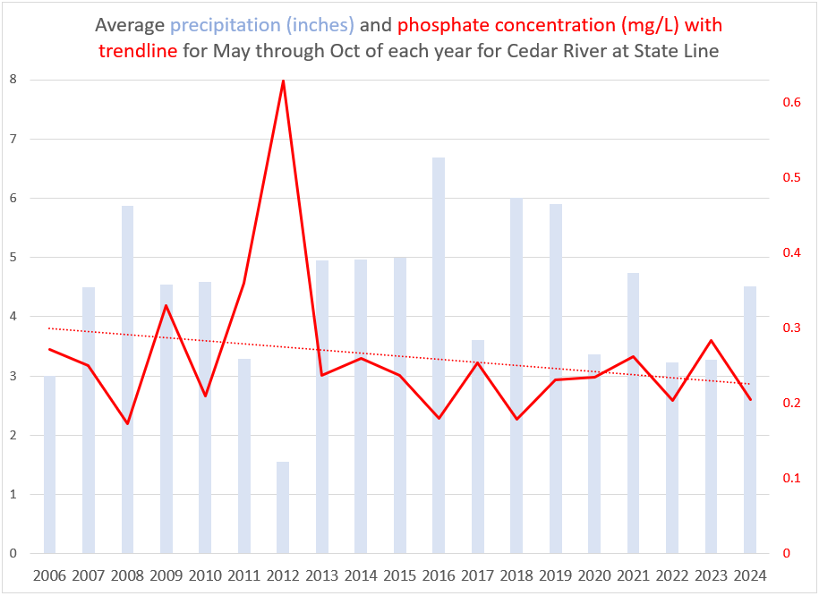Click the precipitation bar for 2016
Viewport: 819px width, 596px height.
coord(439,358)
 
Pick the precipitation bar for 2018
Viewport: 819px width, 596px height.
coord(516,376)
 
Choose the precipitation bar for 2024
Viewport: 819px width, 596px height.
coord(749,421)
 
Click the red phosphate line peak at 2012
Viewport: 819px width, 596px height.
coord(283,81)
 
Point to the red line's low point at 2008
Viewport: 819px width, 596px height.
coord(128,423)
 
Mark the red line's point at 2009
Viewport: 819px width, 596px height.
coord(166,305)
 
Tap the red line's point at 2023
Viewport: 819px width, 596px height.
coord(711,340)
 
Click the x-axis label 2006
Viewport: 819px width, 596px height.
coord(50,574)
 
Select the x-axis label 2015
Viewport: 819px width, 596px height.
coord(400,574)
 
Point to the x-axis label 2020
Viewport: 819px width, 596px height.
coord(594,574)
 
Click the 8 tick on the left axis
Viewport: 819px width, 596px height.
coord(12,80)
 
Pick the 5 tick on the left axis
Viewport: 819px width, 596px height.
coord(12,258)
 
